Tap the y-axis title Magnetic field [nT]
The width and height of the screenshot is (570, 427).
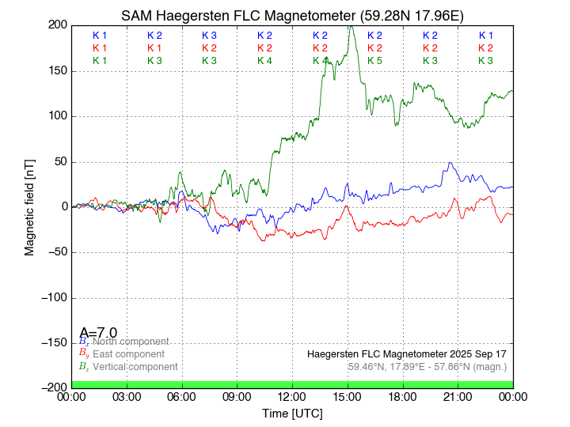pos(29,206)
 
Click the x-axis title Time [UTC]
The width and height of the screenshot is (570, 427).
pos(292,413)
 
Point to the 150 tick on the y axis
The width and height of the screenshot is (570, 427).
pos(58,70)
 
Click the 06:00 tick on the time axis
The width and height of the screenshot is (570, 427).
pos(182,396)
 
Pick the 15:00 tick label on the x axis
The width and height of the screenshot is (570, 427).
pos(348,396)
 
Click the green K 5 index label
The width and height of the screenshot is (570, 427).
pos(374,61)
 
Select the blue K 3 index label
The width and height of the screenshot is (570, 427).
pos(209,36)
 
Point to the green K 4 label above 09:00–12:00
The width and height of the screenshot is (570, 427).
pos(264,61)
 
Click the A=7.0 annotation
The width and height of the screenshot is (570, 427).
pos(99,333)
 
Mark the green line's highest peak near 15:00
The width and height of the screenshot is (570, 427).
pos(350,26)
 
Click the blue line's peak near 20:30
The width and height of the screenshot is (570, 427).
pos(450,163)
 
